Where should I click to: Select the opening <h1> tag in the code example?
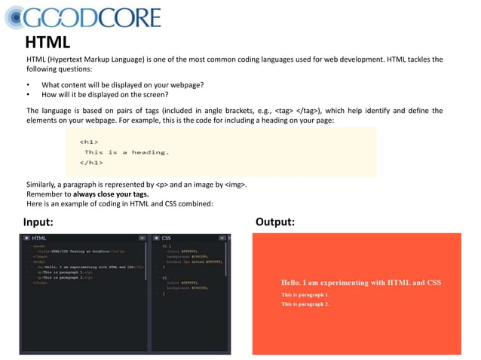pos(88,141)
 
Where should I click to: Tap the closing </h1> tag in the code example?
pos(90,162)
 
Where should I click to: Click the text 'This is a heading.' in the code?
pos(127,151)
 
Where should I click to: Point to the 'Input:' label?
pos(38,222)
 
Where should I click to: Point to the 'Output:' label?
pos(275,222)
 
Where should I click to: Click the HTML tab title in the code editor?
pos(38,238)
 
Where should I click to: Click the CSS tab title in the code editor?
pos(166,238)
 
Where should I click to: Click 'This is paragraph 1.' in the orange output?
pos(305,294)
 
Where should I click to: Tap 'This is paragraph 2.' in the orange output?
pos(305,304)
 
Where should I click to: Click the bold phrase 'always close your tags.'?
pos(116,194)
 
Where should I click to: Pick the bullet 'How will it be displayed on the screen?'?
pos(105,95)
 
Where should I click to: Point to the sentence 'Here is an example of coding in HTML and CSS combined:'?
pos(120,203)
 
